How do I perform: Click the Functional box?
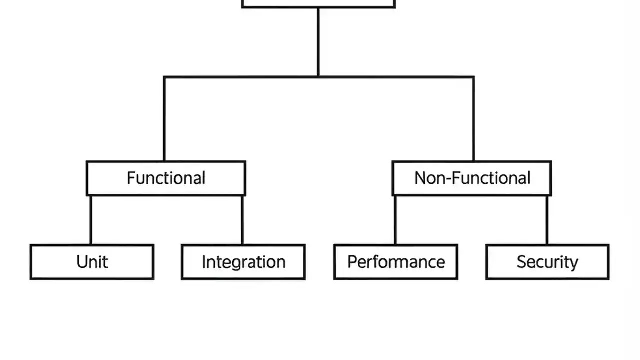166,178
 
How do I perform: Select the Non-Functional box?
472,178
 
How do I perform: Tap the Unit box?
92,262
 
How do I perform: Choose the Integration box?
243,262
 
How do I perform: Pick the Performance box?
396,262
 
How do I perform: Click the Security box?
547,262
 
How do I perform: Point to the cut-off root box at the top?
318,3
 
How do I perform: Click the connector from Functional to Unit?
91,220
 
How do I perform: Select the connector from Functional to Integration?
242,220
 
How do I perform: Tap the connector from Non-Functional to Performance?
395,220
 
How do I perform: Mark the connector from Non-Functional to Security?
547,220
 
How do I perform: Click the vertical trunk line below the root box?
318,42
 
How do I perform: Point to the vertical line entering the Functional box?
164,120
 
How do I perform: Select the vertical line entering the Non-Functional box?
473,120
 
